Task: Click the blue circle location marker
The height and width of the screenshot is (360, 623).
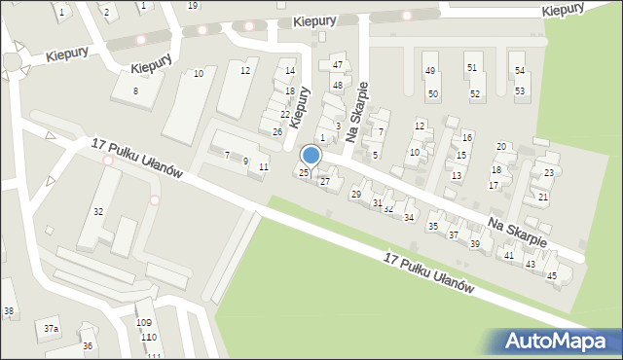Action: pos(311,155)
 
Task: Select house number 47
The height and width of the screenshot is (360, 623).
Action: pos(338,65)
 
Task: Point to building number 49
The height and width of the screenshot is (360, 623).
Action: pos(429,71)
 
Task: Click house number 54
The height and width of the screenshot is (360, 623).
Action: pos(520,71)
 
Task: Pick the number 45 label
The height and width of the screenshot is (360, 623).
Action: pos(552,276)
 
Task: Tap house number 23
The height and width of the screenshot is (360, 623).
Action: pos(549,173)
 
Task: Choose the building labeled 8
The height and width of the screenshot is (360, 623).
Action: pos(136,90)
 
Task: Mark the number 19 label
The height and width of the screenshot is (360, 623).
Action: pos(193,6)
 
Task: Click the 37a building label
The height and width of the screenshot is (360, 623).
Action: pos(51,330)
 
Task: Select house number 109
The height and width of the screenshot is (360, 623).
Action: pos(144,322)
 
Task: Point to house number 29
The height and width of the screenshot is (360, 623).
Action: pos(355,195)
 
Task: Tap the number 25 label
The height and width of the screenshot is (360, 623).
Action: pos(304,173)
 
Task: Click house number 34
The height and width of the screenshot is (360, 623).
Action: pos(409,217)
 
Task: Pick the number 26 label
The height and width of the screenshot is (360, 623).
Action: pos(277,131)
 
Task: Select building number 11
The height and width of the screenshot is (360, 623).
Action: pos(264,167)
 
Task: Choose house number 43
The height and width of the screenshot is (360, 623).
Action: pos(531,265)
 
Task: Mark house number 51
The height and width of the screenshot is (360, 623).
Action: pos(471,68)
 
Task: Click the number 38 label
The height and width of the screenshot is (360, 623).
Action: pos(9,311)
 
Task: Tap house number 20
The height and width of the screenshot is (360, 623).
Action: pos(501,147)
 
